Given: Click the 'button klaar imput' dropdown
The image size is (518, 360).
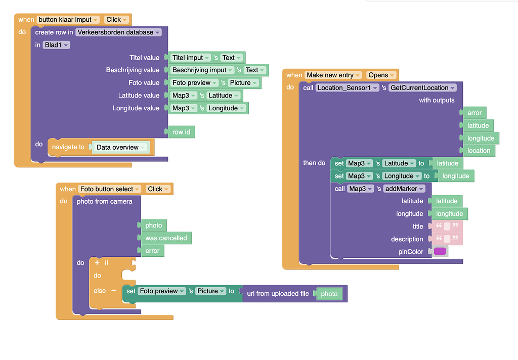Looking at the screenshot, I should [x=68, y=20].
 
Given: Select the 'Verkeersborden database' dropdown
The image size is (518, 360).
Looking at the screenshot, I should [x=118, y=32].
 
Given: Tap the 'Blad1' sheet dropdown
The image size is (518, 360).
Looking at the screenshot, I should [x=57, y=45].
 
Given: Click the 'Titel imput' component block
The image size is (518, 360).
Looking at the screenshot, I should [x=191, y=58].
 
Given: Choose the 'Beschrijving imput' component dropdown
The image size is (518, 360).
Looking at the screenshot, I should [x=203, y=70].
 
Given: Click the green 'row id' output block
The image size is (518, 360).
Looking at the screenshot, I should [x=181, y=132].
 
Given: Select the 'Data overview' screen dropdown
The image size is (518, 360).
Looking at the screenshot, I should [x=121, y=148].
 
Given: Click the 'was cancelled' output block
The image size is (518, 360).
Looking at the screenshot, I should [x=166, y=238].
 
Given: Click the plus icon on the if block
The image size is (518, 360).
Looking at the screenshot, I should [x=97, y=263].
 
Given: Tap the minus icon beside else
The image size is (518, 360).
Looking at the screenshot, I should [x=113, y=291].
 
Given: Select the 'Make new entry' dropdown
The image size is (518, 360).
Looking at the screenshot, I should [x=333, y=75].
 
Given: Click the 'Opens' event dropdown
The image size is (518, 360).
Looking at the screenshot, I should [x=381, y=75].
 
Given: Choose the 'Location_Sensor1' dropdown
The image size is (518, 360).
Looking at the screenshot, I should [x=348, y=88].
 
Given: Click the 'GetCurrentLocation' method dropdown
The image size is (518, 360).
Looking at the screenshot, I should [x=422, y=88].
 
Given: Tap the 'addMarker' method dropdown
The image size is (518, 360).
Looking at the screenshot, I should [x=403, y=189].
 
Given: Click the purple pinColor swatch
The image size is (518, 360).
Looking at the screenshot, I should [x=440, y=251].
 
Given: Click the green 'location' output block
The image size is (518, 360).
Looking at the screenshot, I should [x=479, y=151].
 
